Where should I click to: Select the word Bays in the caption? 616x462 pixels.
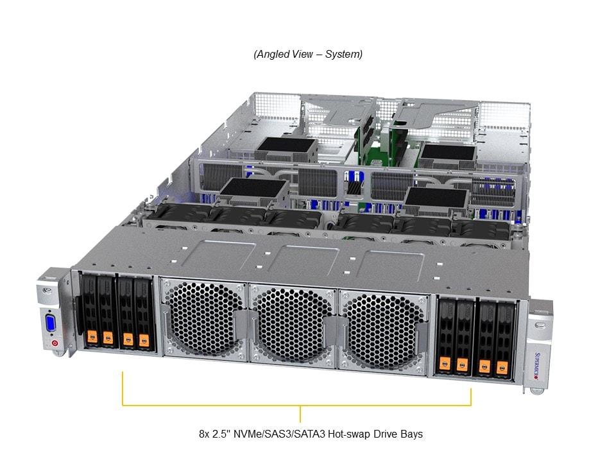pyautogui.click(x=411, y=434)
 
